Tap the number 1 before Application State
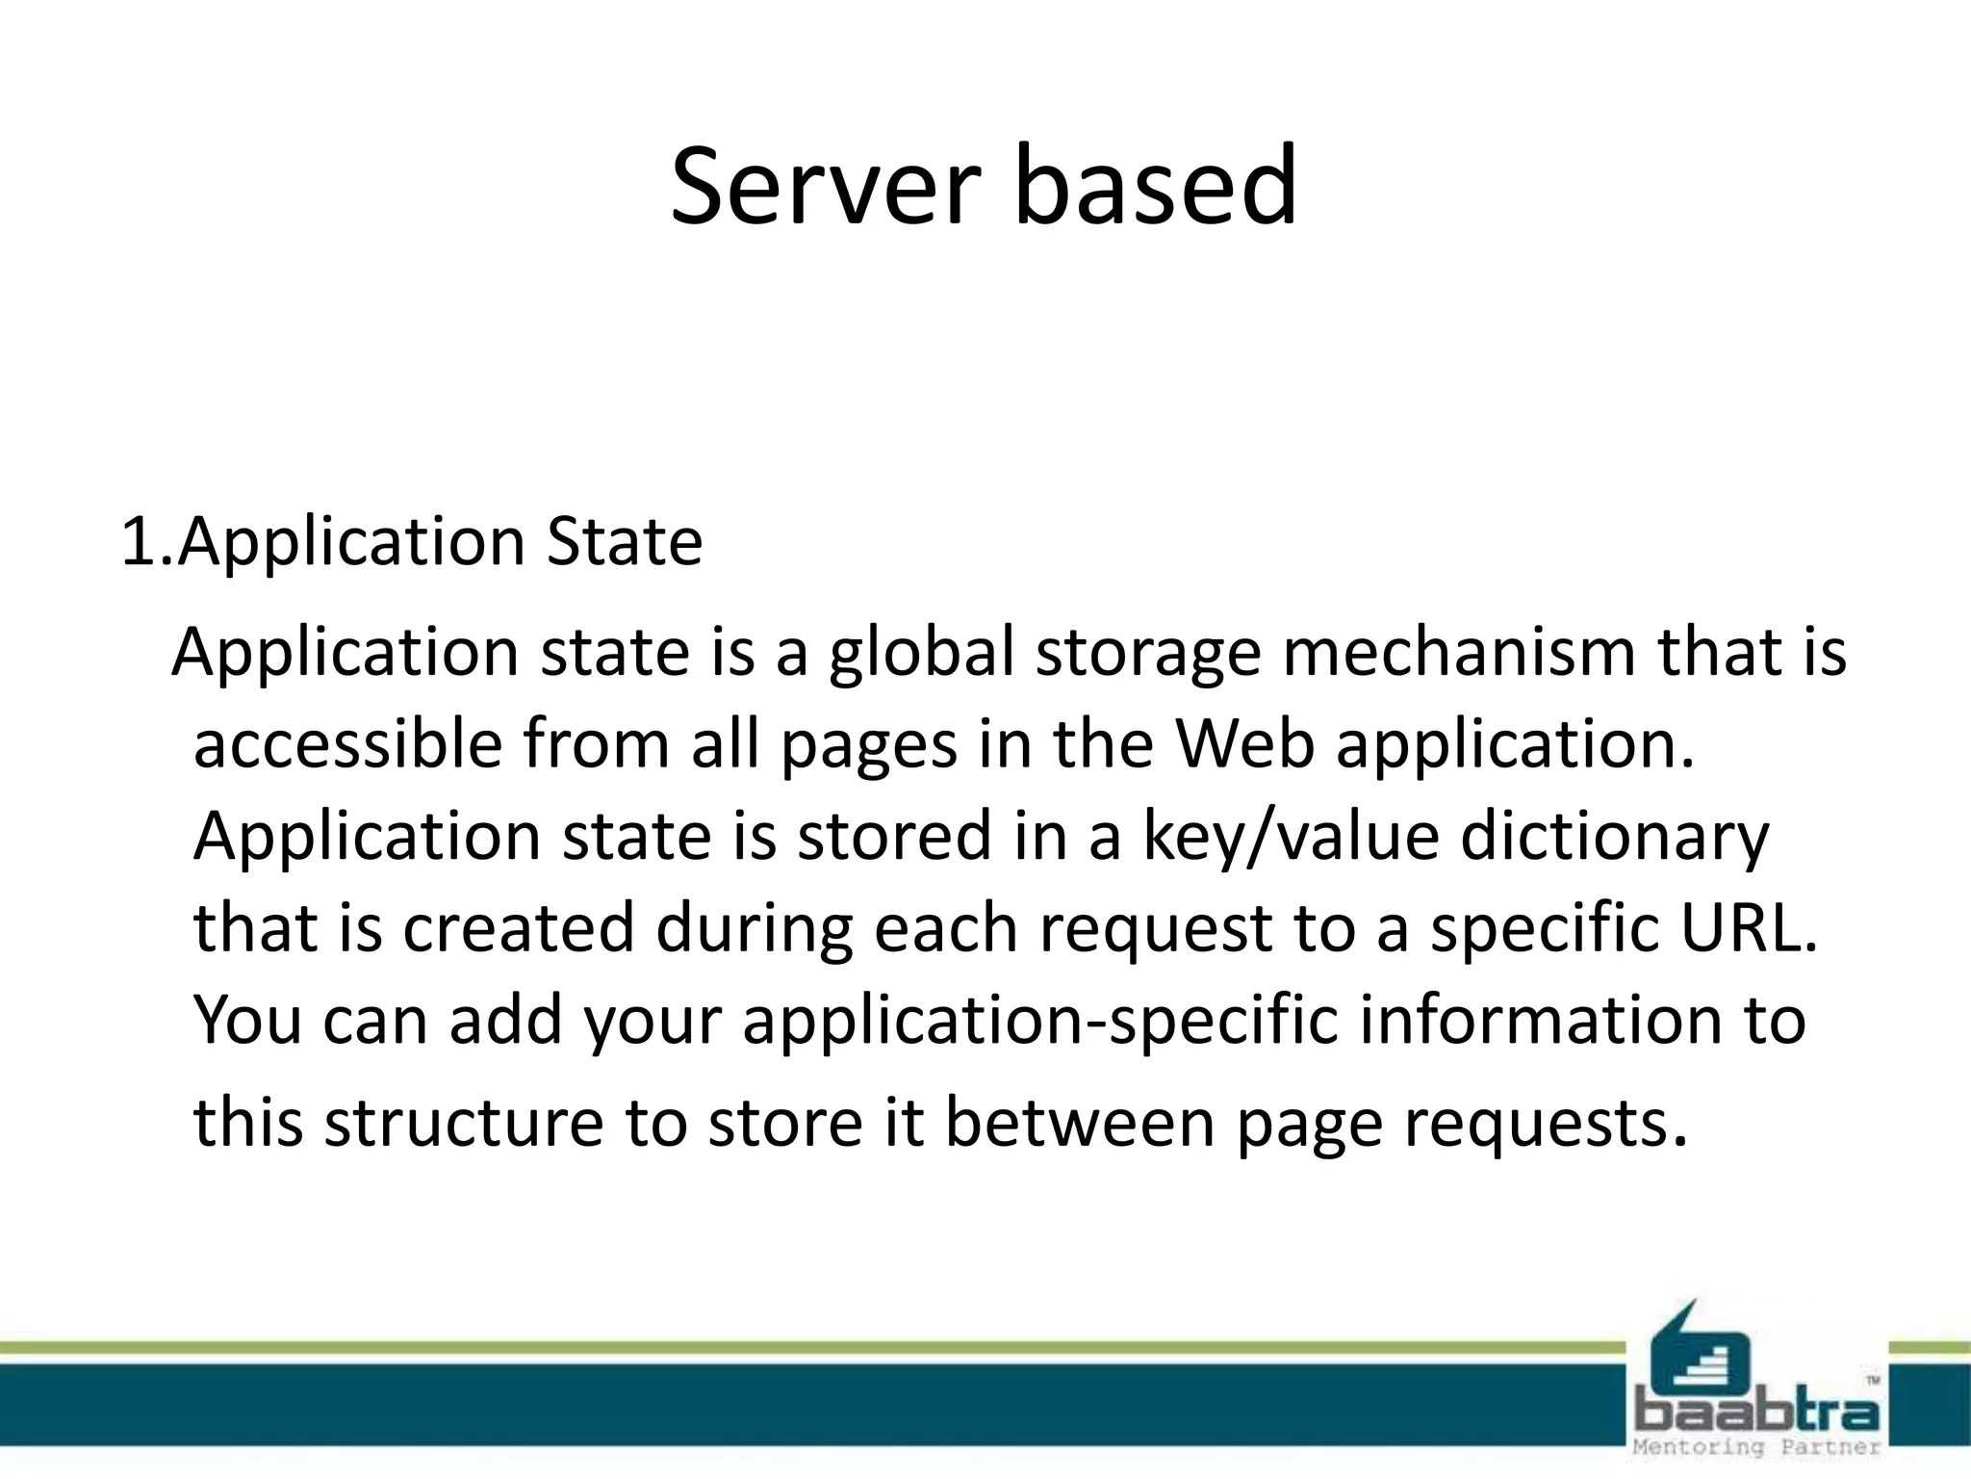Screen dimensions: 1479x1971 (135, 542)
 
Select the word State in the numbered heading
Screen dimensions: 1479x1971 (625, 542)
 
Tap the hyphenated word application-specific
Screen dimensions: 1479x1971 (1040, 1021)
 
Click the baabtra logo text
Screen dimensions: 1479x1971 (1756, 1414)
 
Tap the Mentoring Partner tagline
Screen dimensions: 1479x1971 (1756, 1447)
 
